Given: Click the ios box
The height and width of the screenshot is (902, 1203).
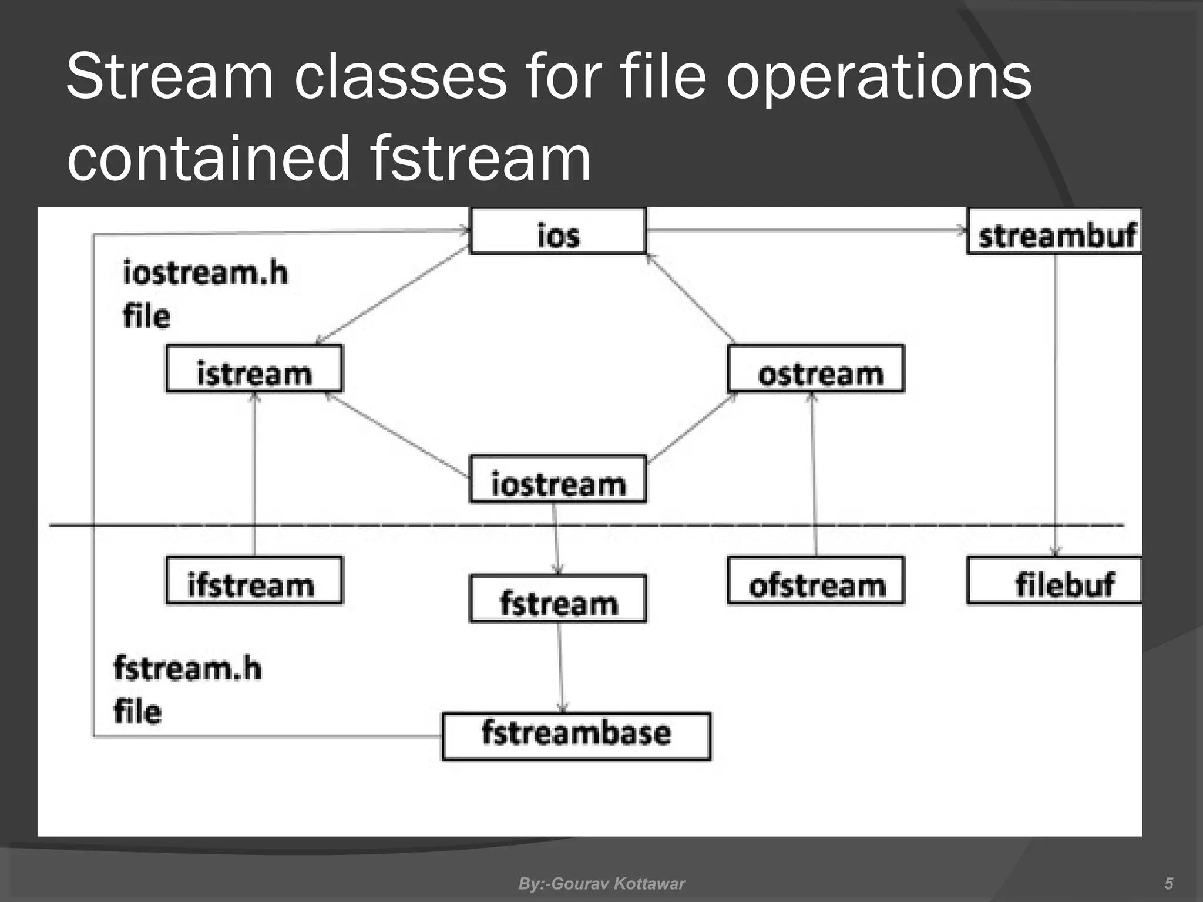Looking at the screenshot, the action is point(558,231).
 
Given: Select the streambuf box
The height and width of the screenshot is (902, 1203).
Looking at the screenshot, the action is point(1054,231).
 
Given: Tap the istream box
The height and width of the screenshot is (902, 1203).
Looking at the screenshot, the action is point(254,369).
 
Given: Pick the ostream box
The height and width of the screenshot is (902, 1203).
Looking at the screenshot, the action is point(815,369).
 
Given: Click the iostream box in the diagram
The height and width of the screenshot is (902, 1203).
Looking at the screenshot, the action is point(557,479).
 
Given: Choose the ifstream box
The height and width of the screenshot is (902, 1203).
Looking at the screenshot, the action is point(254,580).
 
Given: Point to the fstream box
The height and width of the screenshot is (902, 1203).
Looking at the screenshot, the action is point(557,599).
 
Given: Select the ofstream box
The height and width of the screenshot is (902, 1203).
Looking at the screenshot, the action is point(815,580).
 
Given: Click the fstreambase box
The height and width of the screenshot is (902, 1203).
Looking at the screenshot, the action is point(576,736).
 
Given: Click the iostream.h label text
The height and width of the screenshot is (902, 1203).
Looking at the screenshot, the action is point(205,274).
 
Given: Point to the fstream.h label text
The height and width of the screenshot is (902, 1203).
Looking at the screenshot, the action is point(187,669).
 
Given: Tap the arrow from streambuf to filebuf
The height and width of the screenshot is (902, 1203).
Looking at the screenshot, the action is point(1055,405).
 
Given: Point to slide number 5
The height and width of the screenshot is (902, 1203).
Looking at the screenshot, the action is point(1168,883).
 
